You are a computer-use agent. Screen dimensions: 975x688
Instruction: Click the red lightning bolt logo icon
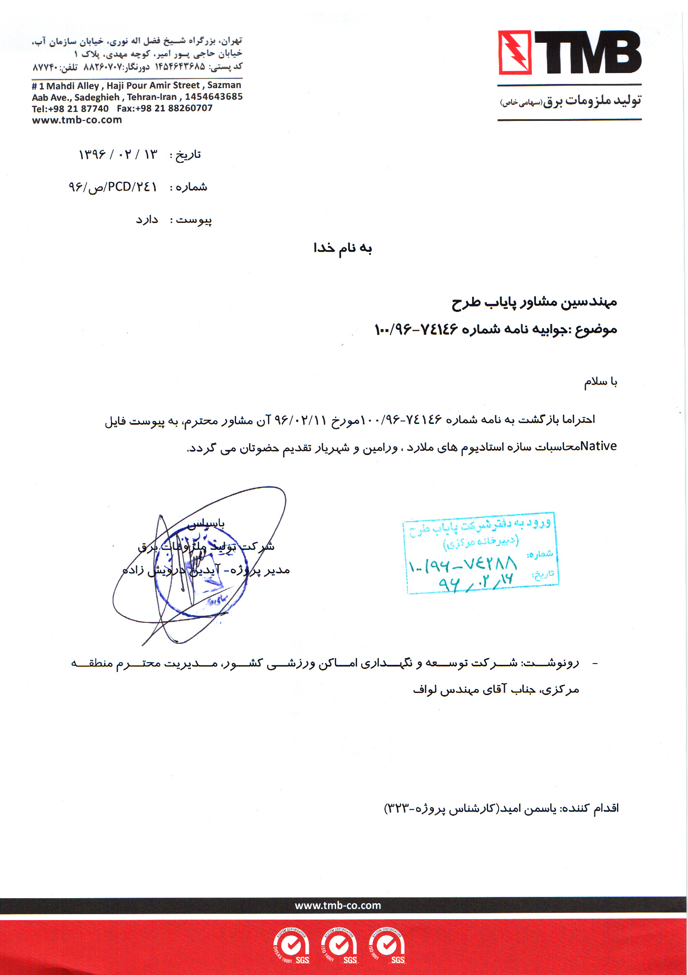pos(515,52)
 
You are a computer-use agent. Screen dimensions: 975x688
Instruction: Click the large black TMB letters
pos(588,52)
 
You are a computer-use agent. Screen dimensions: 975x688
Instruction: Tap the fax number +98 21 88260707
pos(165,108)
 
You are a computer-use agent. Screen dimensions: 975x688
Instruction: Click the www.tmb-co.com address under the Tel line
pos(77,120)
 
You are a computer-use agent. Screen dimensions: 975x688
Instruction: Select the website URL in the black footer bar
pos(338,905)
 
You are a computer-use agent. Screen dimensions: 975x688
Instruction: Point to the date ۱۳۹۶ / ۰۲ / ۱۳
pos(118,154)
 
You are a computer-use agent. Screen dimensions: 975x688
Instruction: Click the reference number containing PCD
pos(113,187)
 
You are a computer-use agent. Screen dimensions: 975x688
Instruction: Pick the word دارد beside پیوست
pos(147,220)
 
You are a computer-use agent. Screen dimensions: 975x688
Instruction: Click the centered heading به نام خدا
pos(342,248)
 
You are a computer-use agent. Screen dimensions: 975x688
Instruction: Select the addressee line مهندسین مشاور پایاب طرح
pos(534,302)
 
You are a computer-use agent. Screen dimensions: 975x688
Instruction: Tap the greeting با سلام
pos(600,382)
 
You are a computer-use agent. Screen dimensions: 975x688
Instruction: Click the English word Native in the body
pos(599,446)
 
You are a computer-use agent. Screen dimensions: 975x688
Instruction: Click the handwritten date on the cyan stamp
pos(476,583)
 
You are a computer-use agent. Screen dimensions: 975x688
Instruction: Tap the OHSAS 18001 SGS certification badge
pos(291,946)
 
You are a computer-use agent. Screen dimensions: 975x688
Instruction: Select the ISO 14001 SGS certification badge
pos(339,946)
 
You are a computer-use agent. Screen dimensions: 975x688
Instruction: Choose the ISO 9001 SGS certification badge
pos(387,946)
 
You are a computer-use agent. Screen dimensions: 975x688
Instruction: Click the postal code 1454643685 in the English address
pos(214,97)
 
